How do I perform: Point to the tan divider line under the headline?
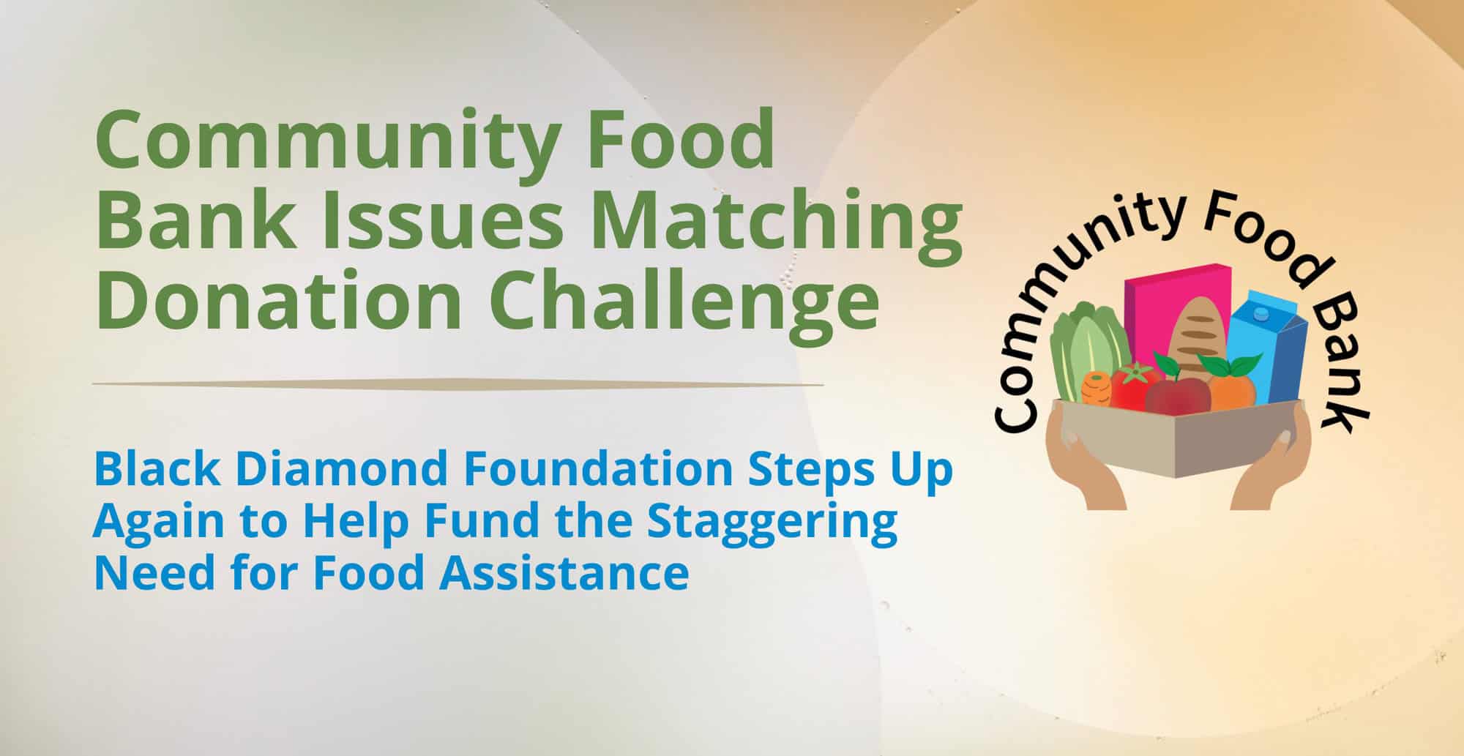[x=457, y=383]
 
